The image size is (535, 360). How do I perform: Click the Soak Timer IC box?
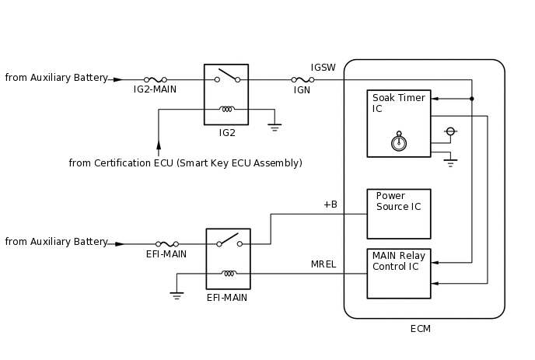coord(398,123)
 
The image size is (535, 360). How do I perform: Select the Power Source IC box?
coord(398,213)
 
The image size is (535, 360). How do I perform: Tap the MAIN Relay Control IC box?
coord(398,273)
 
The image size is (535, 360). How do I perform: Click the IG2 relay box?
coord(226,94)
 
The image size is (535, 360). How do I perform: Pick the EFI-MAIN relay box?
coord(228,259)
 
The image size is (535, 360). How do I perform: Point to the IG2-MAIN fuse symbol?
coord(155,79)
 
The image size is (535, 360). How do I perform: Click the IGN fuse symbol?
coord(302,79)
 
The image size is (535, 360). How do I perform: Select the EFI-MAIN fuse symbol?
coord(167,244)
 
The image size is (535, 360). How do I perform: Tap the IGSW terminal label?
coord(323,68)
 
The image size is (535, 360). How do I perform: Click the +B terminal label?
coord(330,204)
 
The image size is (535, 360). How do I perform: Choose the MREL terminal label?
coord(323,264)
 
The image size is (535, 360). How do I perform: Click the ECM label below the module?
coord(420,329)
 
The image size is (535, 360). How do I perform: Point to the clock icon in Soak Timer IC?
coord(399,142)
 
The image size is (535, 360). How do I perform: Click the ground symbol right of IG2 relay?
coord(274,127)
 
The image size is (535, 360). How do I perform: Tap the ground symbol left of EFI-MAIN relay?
coord(177,295)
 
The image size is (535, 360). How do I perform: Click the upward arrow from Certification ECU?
coord(159,145)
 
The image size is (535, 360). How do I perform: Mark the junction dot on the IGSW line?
coord(471,99)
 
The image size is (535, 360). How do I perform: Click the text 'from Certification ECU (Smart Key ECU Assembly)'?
coord(185,163)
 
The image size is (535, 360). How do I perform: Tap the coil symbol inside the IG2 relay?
coord(227,109)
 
